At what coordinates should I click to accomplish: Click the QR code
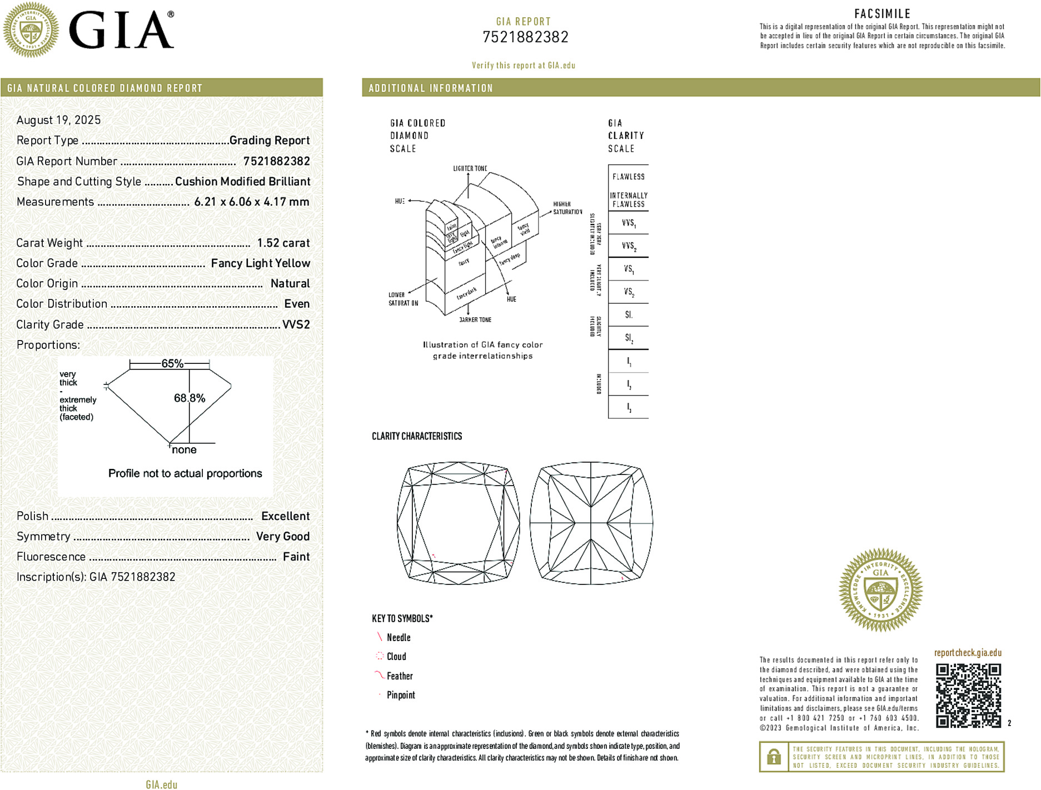coord(968,695)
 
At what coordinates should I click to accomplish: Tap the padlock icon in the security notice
coord(774,757)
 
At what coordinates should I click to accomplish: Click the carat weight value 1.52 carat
coord(283,243)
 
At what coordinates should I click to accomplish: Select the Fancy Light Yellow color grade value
coord(260,263)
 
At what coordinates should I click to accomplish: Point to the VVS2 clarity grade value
coord(296,324)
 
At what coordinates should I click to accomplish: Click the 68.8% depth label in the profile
coord(190,398)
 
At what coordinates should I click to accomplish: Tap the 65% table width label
coord(172,364)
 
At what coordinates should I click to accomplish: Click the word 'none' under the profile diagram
coord(184,450)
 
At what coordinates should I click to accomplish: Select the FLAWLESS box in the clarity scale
coord(629,177)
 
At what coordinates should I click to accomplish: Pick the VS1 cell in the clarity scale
coord(629,269)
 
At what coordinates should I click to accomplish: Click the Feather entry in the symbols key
coord(400,676)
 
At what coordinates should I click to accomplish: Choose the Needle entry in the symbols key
coord(399,638)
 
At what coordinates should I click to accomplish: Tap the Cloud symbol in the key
coord(380,656)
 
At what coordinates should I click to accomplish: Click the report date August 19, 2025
coord(58,120)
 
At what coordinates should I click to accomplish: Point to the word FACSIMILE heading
coord(882,14)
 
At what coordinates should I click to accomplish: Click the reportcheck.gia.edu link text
coord(968,653)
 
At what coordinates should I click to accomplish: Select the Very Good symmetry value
coord(282,537)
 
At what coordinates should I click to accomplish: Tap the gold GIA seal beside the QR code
coord(880,590)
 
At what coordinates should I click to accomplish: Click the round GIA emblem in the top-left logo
coord(31,30)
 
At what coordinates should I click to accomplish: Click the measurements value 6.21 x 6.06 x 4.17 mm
coord(251,202)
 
